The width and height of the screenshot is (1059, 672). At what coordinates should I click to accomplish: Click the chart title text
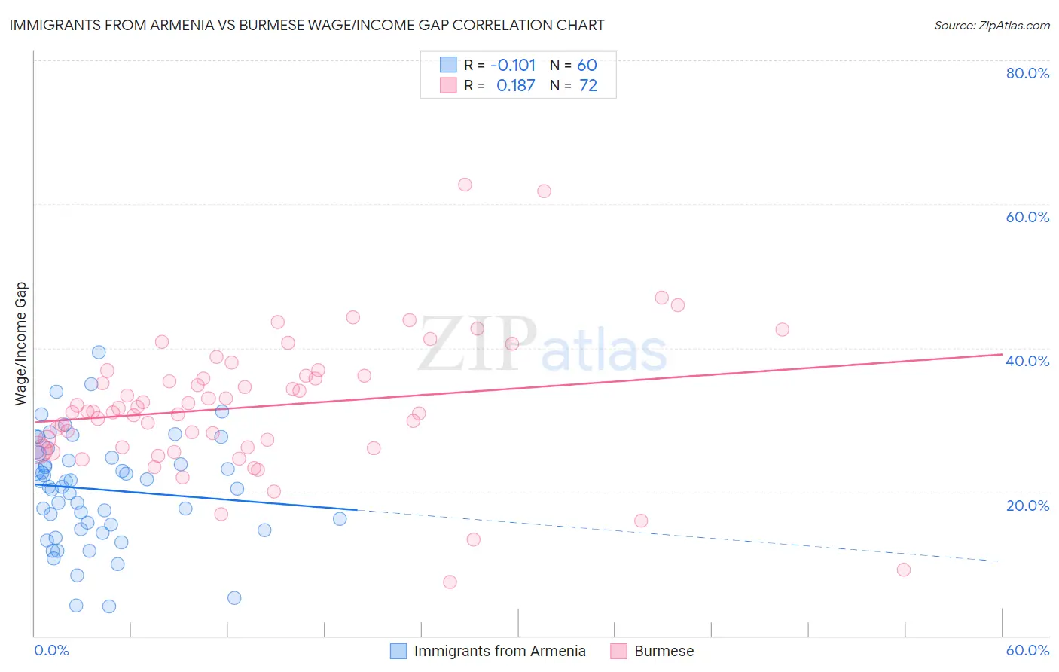[307, 26]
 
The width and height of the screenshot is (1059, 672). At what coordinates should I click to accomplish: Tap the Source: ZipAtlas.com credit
[991, 26]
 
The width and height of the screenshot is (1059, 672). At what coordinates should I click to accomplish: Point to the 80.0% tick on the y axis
[1027, 73]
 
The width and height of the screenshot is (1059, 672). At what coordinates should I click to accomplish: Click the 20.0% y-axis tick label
[1027, 505]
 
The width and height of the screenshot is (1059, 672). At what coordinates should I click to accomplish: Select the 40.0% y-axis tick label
[1027, 361]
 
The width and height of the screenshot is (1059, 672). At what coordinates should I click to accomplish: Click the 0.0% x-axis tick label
[51, 650]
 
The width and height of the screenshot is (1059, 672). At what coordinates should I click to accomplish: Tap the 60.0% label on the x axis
[1027, 650]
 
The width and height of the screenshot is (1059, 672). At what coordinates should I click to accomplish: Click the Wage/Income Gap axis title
[21, 344]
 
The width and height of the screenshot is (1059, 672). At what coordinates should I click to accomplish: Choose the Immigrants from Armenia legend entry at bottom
[499, 651]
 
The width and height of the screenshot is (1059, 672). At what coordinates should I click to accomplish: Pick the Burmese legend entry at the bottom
[664, 651]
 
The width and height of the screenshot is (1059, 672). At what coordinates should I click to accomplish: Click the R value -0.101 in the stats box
[513, 66]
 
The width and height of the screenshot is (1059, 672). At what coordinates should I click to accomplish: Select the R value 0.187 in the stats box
[515, 86]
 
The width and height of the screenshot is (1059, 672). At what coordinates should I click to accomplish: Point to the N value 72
[587, 86]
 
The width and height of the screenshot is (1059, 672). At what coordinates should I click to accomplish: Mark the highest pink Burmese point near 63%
[465, 185]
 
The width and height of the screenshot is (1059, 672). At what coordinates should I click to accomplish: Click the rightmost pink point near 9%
[904, 570]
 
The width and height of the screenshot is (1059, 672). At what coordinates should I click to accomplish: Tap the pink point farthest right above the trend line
[782, 329]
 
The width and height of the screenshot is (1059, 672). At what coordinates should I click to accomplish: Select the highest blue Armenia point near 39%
[99, 352]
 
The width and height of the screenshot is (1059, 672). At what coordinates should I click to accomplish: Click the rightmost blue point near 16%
[340, 518]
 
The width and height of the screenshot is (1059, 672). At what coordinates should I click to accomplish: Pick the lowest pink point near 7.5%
[450, 582]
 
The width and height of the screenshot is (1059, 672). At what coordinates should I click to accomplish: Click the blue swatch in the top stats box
[449, 66]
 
